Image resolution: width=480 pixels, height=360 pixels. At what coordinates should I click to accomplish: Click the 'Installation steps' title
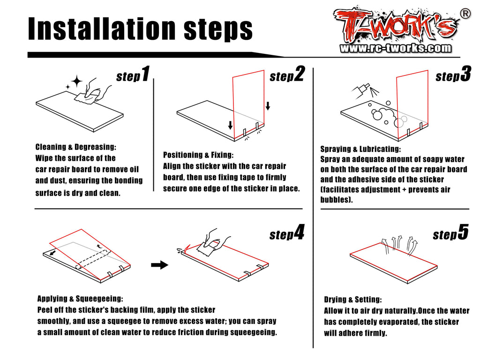coord(140,29)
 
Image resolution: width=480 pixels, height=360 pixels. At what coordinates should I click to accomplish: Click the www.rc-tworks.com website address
coord(396,48)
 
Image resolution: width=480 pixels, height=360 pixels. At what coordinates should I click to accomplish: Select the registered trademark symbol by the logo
coord(465,14)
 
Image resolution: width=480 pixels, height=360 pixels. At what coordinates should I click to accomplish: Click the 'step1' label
coord(133,74)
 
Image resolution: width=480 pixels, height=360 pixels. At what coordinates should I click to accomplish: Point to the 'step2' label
coord(287,74)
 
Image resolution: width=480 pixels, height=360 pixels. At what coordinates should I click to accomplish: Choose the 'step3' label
coord(453,74)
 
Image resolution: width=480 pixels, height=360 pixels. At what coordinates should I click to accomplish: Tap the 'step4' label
coord(287,232)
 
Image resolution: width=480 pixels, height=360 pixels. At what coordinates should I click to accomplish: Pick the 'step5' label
coord(450,232)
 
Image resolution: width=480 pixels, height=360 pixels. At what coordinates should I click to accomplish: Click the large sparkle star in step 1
coord(76,82)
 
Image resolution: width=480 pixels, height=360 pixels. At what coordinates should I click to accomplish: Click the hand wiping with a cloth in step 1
coord(93,91)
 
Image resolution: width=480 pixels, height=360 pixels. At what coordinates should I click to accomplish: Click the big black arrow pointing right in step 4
coord(159,265)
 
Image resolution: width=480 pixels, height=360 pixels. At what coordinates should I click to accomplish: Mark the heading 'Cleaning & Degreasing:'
coord(75,147)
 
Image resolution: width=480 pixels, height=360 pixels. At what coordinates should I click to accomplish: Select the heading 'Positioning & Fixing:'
coord(198,155)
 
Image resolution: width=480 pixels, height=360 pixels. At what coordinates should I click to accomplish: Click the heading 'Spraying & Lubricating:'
coord(360,149)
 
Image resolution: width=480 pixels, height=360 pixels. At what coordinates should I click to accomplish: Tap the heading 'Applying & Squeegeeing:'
coord(80,299)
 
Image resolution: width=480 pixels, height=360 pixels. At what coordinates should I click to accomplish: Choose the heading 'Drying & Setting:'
coord(353,300)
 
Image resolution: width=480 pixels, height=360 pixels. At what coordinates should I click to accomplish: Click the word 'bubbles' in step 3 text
coord(334,200)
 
